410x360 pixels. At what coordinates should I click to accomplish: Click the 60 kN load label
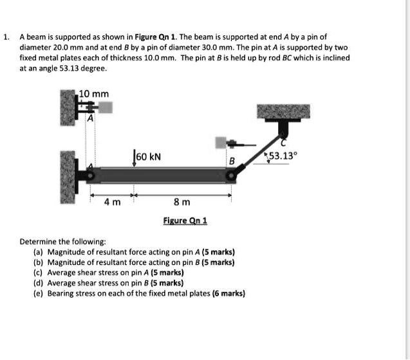pos(149,156)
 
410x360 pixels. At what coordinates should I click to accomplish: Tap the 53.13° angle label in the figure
pos(283,156)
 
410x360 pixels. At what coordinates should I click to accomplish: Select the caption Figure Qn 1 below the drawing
pos(185,221)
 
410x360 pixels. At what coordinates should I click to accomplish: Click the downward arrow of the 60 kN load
pos(134,159)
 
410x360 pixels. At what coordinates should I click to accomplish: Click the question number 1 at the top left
pos(6,38)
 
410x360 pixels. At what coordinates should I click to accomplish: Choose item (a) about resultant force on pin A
pos(134,252)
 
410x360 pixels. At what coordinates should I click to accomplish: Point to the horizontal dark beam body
pos(161,175)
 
